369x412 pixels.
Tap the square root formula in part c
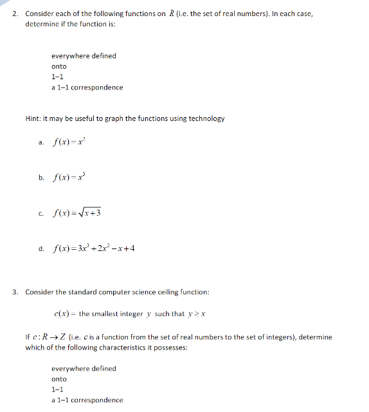(81, 213)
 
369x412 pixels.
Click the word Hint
(33, 118)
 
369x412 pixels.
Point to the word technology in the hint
(206, 118)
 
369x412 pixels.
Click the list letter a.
(41, 144)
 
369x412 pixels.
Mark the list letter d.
(41, 248)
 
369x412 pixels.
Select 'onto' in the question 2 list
(59, 66)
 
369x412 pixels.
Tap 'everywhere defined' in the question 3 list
(84, 368)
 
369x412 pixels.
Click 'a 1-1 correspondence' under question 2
(87, 88)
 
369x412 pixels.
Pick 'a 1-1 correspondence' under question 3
(87, 400)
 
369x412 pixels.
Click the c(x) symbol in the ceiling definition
(62, 314)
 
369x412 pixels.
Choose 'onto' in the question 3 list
(59, 379)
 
